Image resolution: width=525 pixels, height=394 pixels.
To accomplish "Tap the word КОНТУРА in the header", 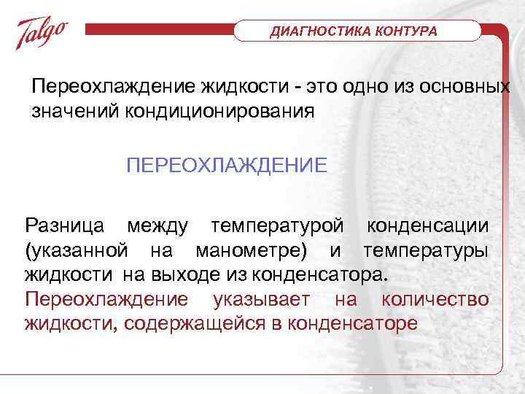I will [407, 32].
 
